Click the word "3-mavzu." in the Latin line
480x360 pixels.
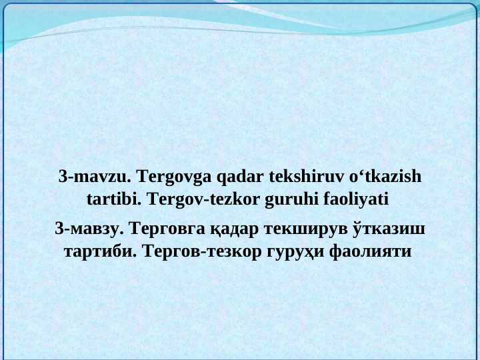click(95, 177)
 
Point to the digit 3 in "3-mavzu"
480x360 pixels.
click(63, 177)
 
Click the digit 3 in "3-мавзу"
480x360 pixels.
click(59, 230)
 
